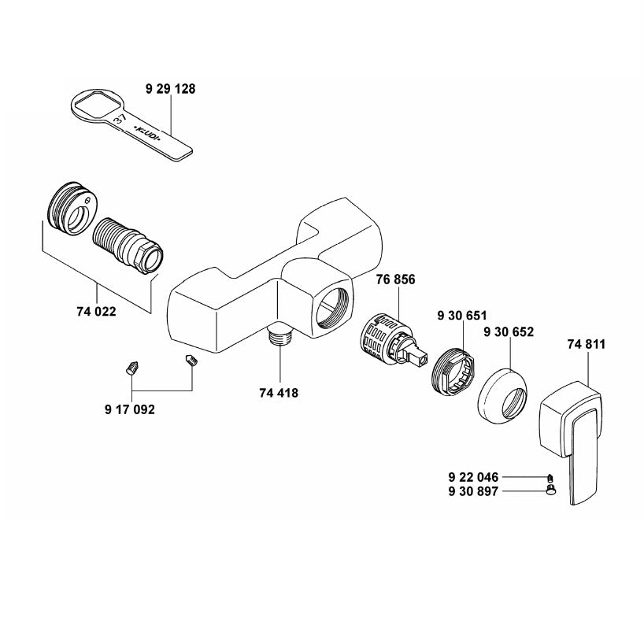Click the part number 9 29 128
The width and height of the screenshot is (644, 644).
170,90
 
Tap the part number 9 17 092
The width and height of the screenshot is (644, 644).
129,409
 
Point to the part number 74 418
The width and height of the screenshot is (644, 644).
279,392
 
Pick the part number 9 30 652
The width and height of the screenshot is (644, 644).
509,331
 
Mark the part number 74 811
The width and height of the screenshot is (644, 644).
587,344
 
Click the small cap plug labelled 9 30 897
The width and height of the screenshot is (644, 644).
552,490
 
